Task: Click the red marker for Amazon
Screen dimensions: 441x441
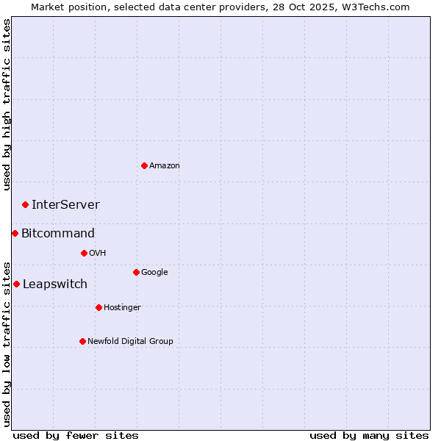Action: [x=144, y=165]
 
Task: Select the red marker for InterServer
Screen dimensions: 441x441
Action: [x=25, y=204]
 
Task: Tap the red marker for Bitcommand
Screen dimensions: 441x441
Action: [x=15, y=233]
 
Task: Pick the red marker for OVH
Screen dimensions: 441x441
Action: [x=84, y=253]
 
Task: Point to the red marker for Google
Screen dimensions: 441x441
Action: [x=136, y=272]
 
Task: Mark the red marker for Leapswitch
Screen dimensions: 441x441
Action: [x=16, y=284]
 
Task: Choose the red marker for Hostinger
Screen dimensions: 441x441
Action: [x=98, y=307]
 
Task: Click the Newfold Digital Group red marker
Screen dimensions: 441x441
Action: [x=82, y=341]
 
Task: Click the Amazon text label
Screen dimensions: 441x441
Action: [x=165, y=166]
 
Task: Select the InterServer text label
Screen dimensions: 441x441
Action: [x=65, y=205]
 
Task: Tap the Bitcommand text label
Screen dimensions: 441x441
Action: [x=58, y=234]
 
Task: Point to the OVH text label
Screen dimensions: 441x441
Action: [x=98, y=254]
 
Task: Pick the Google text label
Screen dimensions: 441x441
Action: [x=154, y=273]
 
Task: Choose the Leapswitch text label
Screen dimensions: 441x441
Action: [x=55, y=284]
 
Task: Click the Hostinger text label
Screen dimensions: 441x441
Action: [x=122, y=308]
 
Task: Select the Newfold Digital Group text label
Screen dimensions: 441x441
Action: [x=130, y=342]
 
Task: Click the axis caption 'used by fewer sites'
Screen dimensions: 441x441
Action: [x=76, y=436]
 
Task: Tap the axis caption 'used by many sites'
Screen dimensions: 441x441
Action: [x=369, y=436]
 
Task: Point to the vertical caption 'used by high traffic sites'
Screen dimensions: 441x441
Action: [x=7, y=104]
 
